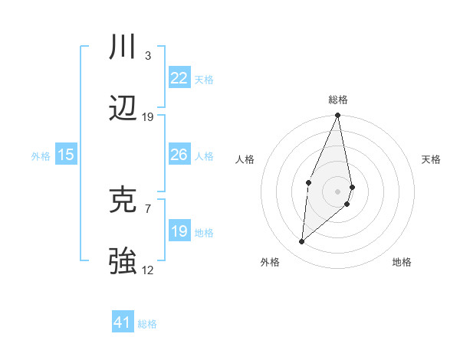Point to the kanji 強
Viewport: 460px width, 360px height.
click(123, 261)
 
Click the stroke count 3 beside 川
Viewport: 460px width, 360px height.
click(148, 56)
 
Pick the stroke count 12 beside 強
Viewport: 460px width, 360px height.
click(148, 270)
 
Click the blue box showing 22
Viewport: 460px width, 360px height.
click(179, 78)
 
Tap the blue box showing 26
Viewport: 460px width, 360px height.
click(179, 155)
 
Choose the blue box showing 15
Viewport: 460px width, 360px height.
click(66, 155)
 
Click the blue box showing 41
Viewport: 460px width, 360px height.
click(123, 322)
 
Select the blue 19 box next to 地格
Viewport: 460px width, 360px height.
click(179, 231)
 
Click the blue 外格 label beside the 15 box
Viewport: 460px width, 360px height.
click(41, 155)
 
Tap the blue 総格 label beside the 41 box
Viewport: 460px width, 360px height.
click(147, 323)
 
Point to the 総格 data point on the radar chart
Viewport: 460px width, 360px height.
click(337, 116)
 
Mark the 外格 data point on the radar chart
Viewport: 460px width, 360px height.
click(302, 241)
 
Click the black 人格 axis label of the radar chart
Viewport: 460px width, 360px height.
click(245, 159)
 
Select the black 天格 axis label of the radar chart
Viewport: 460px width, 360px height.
click(431, 159)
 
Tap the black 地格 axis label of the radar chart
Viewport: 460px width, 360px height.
click(402, 262)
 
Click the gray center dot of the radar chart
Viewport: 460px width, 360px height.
click(337, 191)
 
